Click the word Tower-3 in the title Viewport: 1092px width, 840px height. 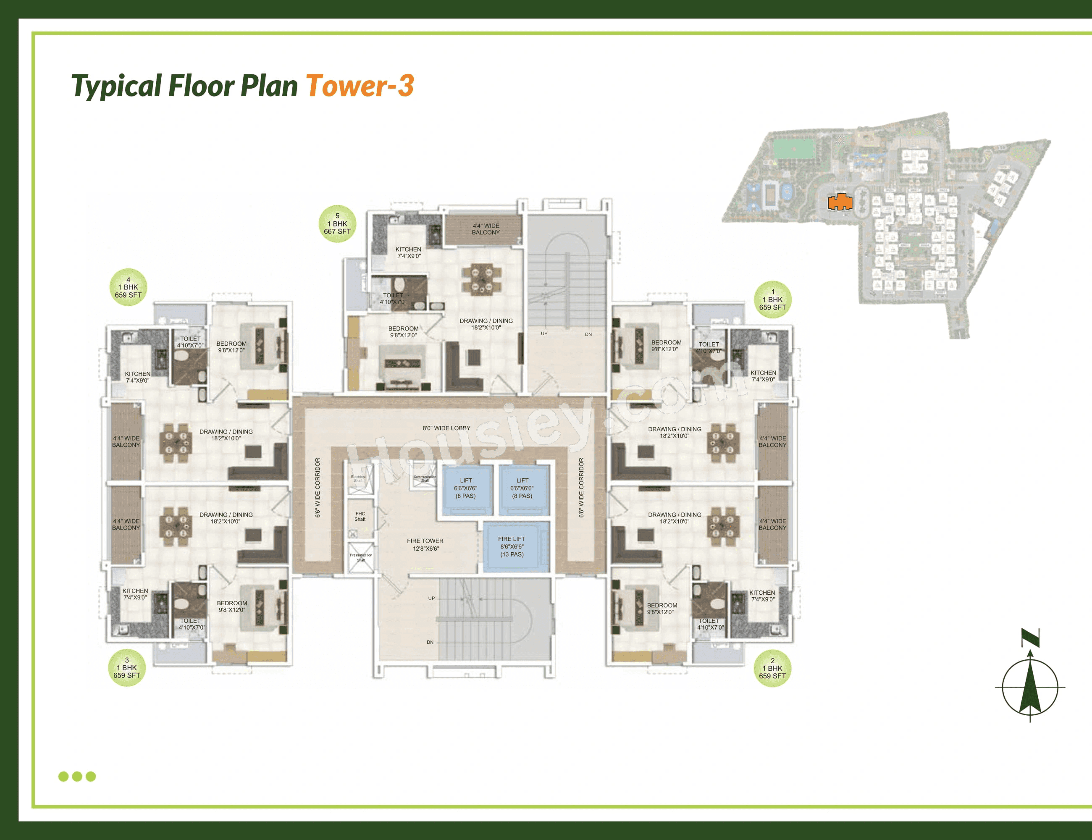pyautogui.click(x=360, y=86)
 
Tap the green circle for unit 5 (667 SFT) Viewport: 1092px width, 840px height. pyautogui.click(x=338, y=224)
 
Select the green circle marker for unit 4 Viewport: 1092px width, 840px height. pyautogui.click(x=128, y=288)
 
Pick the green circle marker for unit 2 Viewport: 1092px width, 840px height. pyautogui.click(x=772, y=669)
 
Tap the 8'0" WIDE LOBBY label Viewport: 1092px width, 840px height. pyautogui.click(x=446, y=428)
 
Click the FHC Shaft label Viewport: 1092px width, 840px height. pyautogui.click(x=360, y=517)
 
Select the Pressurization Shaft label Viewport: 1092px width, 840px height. pyautogui.click(x=361, y=557)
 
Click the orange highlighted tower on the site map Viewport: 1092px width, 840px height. pyautogui.click(x=840, y=202)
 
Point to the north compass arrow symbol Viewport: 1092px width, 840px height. pyautogui.click(x=1030, y=685)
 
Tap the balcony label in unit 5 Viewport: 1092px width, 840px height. pyautogui.click(x=486, y=229)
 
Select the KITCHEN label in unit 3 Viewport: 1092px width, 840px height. pyautogui.click(x=135, y=594)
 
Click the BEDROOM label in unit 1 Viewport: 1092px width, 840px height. pyautogui.click(x=666, y=346)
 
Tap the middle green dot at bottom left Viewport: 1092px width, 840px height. pyautogui.click(x=77, y=776)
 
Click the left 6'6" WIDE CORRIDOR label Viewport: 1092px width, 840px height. pyautogui.click(x=318, y=488)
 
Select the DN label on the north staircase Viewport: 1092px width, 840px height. pyautogui.click(x=588, y=334)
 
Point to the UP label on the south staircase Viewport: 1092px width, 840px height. pyautogui.click(x=431, y=598)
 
